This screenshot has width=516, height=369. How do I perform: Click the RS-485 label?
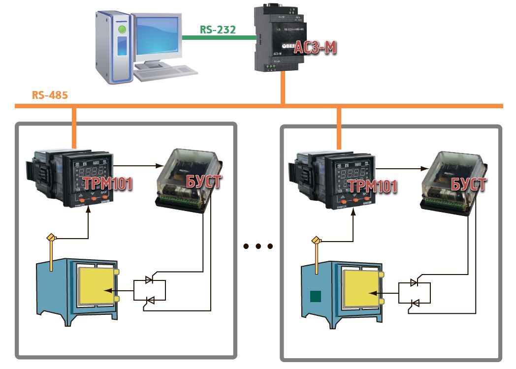50,95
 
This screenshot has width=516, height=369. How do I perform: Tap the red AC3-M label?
315,48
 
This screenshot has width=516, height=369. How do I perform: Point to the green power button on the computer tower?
122,30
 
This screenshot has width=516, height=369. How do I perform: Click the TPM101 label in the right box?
373,186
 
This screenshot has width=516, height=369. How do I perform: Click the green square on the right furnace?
315,297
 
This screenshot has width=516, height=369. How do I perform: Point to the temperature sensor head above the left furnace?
50,238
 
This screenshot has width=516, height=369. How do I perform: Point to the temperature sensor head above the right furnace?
316,241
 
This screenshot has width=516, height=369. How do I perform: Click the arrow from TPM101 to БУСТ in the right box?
402,168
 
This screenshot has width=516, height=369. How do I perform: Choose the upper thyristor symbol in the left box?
149,280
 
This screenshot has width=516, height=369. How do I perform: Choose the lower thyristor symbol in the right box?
415,304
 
